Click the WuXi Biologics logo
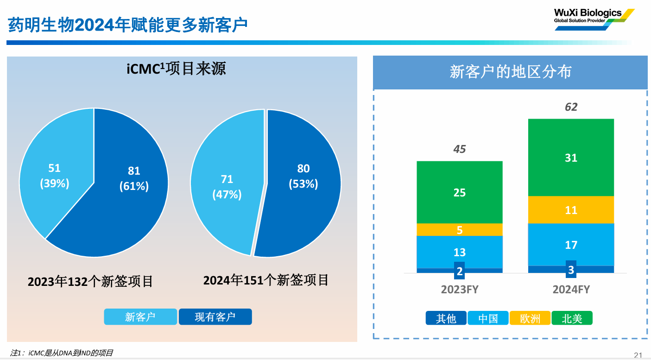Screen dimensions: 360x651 coord(593,19)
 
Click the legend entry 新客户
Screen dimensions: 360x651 coord(140,317)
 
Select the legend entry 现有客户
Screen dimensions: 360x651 coord(215,317)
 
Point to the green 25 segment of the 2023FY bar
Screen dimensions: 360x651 coord(459,192)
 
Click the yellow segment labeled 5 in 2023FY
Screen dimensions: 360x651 coord(459,230)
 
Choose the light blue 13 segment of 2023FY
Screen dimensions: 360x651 coord(459,253)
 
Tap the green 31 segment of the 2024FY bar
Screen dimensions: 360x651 coord(571,158)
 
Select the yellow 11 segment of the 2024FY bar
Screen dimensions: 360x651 coord(571,210)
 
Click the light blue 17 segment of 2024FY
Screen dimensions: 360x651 coord(571,245)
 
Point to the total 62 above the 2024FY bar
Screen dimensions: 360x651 coord(571,107)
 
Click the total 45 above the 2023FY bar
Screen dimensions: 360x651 coord(459,149)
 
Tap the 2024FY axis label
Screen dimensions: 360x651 coord(571,290)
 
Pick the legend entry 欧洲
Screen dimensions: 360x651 coord(530,318)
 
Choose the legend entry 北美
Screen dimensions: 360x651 coord(572,318)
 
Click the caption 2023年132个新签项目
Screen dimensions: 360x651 coord(90,281)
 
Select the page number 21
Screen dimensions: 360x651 coord(638,355)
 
